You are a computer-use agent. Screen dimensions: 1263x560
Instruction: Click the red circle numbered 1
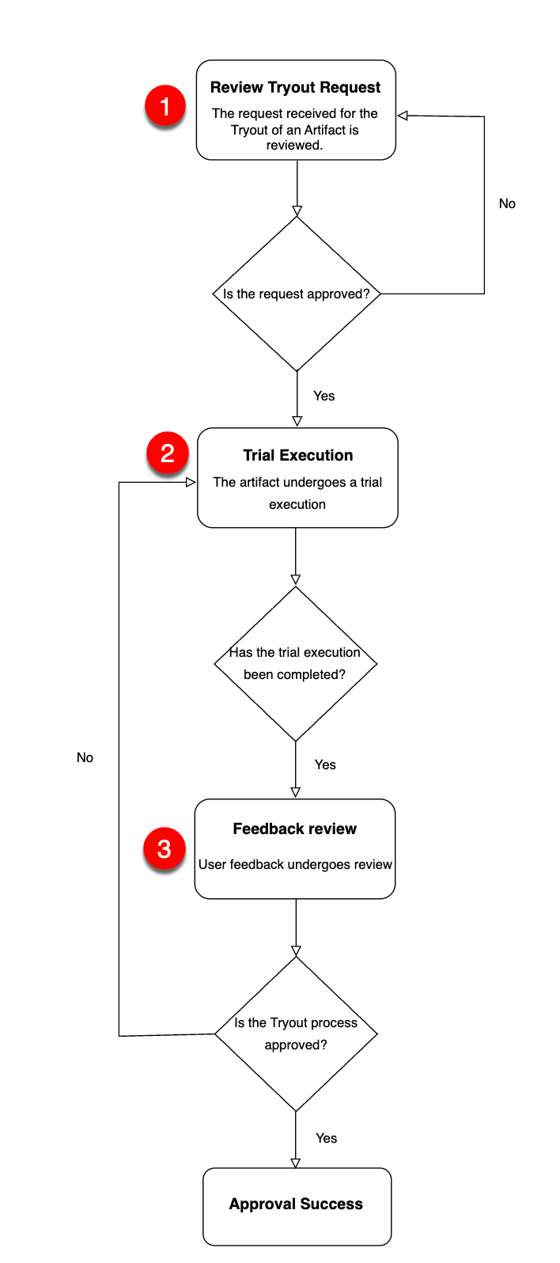tap(165, 106)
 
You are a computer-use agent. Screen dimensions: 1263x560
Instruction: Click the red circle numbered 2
tap(167, 453)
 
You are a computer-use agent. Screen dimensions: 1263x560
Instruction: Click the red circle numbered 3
tap(164, 849)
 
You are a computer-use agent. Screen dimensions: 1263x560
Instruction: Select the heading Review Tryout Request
tap(295, 88)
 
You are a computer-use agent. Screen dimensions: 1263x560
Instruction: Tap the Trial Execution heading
tap(297, 456)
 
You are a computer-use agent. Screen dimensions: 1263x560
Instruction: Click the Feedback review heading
tap(294, 829)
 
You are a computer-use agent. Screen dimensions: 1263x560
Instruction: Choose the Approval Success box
tap(297, 1205)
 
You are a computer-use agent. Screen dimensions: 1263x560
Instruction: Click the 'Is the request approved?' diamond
tap(297, 294)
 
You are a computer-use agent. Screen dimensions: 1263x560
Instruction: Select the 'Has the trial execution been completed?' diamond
tap(295, 663)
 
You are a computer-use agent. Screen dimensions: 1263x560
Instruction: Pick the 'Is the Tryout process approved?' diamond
tap(296, 1034)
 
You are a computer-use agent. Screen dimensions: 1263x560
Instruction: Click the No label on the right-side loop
tap(507, 204)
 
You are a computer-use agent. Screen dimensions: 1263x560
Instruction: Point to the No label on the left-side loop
tap(85, 758)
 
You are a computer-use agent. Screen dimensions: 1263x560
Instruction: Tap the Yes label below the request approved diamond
tap(324, 396)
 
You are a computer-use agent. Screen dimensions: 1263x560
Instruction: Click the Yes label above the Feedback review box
tap(325, 765)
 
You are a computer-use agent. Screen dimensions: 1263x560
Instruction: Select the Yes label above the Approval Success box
tap(326, 1139)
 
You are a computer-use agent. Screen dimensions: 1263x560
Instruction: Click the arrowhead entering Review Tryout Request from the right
tap(403, 116)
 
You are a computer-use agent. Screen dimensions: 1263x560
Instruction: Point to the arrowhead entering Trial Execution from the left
tap(191, 482)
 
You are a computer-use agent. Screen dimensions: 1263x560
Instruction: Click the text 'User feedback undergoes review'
tap(295, 865)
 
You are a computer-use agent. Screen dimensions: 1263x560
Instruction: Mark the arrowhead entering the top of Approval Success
tap(296, 1162)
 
